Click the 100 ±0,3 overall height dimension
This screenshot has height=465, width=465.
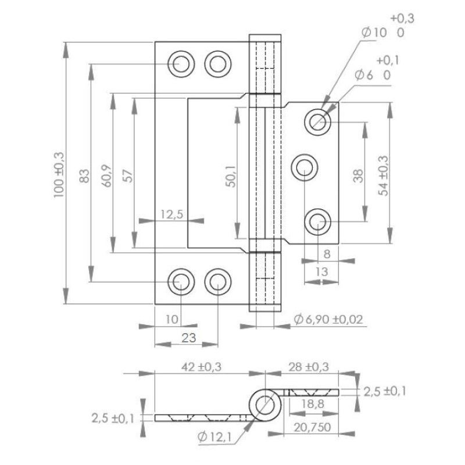pyautogui.click(x=59, y=175)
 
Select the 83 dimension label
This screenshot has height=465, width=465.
pyautogui.click(x=84, y=176)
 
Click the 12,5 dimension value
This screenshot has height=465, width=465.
pyautogui.click(x=171, y=214)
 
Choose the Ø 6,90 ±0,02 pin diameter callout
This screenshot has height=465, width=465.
pyautogui.click(x=328, y=319)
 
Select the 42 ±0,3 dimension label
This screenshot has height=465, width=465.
pyautogui.click(x=201, y=367)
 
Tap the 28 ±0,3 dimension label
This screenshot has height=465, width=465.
pyautogui.click(x=309, y=367)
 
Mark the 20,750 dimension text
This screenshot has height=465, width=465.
pyautogui.click(x=312, y=427)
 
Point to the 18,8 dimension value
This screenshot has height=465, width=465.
pyautogui.click(x=313, y=404)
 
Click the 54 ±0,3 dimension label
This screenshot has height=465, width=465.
pyautogui.click(x=383, y=176)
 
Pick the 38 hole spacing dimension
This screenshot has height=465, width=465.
pyautogui.click(x=358, y=176)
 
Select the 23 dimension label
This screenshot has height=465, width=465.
pyautogui.click(x=189, y=338)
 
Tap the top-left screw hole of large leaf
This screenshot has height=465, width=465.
pyautogui.click(x=181, y=64)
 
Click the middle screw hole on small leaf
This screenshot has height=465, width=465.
pyautogui.click(x=305, y=167)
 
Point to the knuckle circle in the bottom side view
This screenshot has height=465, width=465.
pyautogui.click(x=265, y=405)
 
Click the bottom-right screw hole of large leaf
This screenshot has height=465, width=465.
pyautogui.click(x=218, y=282)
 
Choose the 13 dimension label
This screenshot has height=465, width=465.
pyautogui.click(x=321, y=271)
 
